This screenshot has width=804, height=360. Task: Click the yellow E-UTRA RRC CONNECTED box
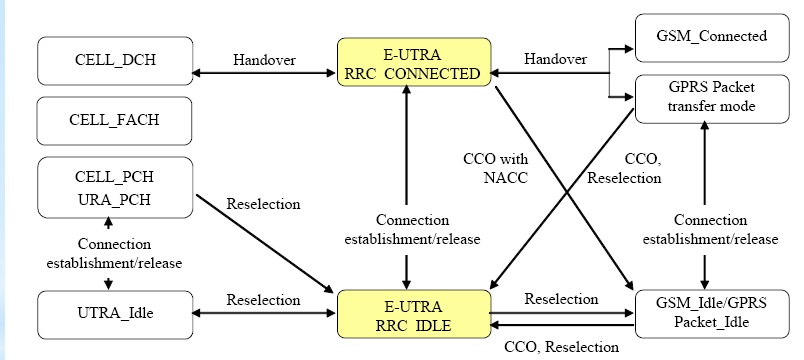(x=414, y=62)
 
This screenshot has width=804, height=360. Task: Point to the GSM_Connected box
(x=712, y=37)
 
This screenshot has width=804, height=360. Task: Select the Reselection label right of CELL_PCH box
(x=264, y=204)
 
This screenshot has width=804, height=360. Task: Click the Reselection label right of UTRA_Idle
(x=264, y=299)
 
